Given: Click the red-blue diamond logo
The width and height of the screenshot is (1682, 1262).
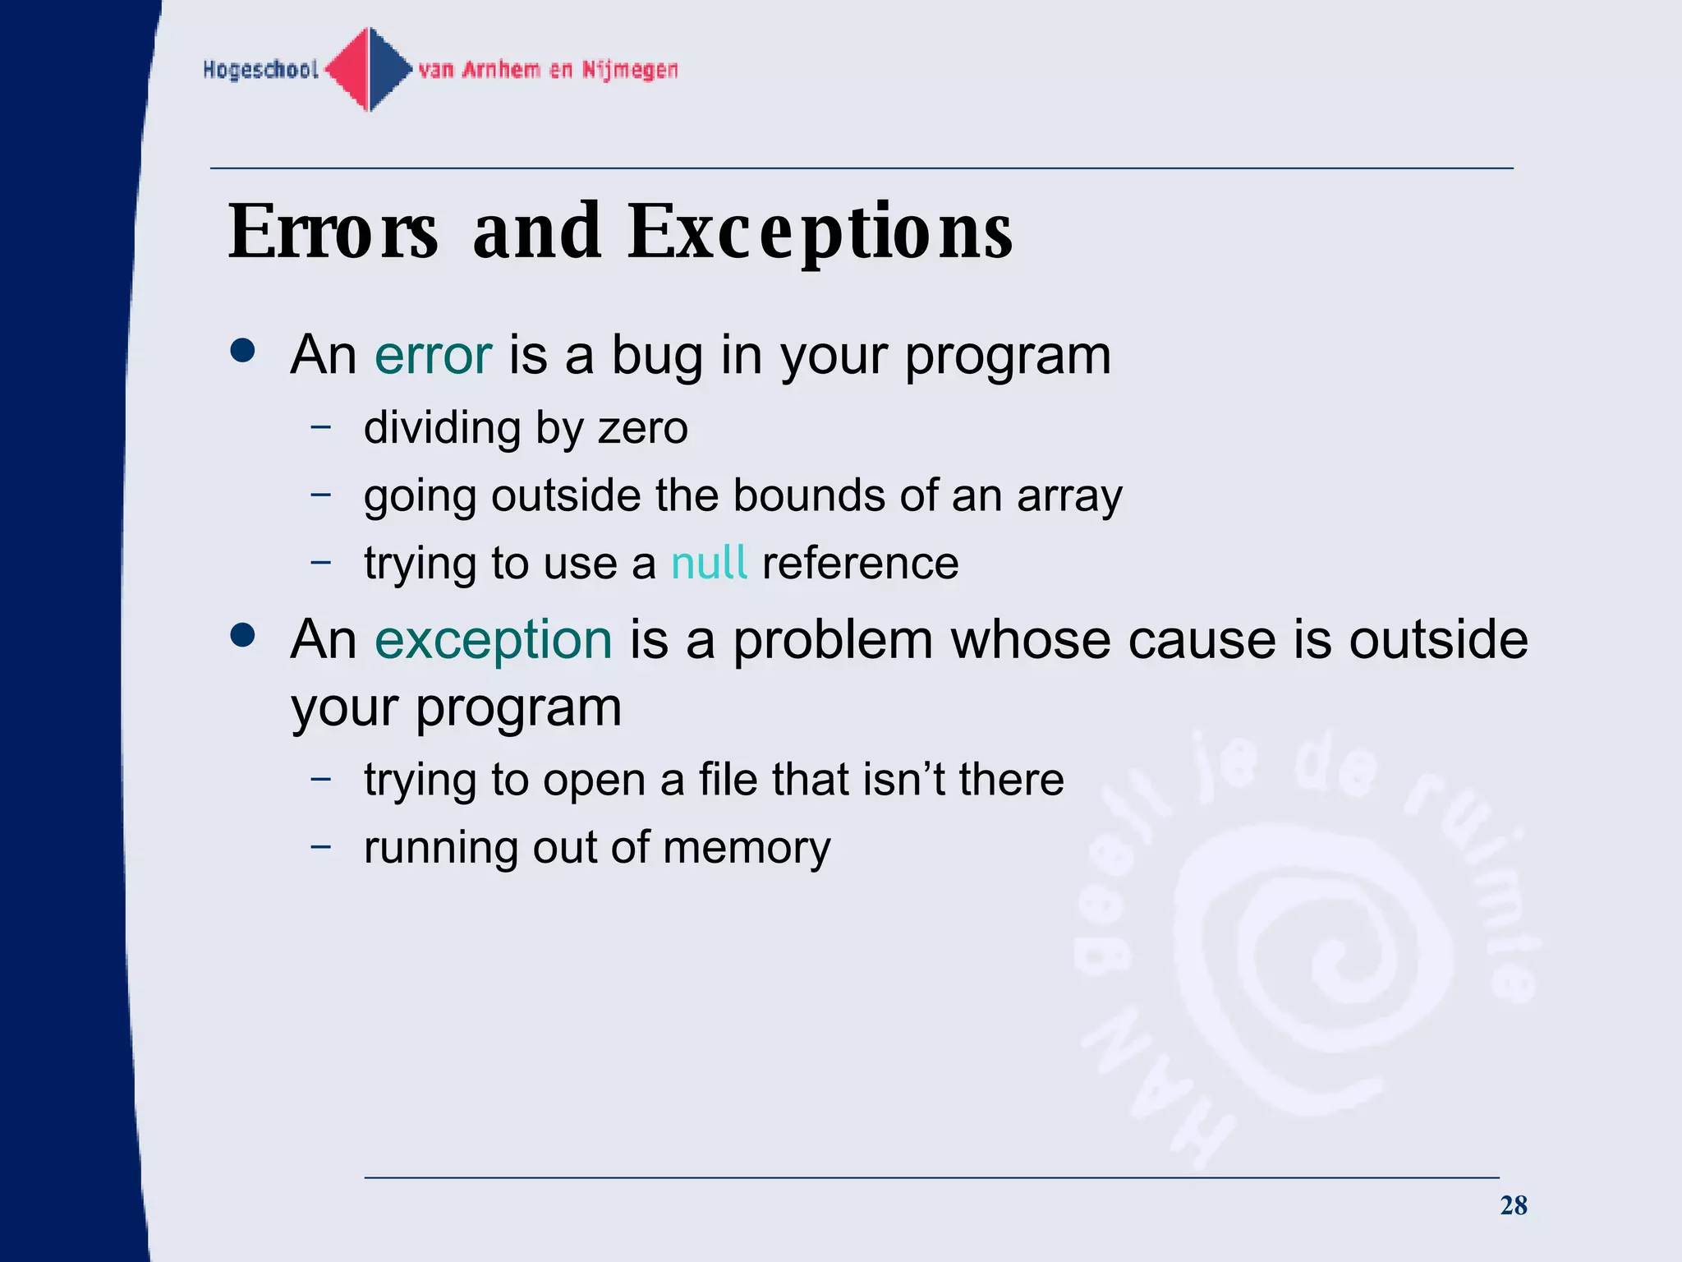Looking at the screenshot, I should coord(369,70).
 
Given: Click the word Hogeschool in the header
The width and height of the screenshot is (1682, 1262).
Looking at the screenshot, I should coord(260,70).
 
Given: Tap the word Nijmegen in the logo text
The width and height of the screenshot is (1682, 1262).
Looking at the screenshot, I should coord(630,70).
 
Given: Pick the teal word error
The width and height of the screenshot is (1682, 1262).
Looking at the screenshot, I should coord(433,355).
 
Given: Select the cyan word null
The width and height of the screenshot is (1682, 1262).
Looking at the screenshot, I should coord(709,563).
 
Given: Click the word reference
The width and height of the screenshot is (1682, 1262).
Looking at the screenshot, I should coord(860,564).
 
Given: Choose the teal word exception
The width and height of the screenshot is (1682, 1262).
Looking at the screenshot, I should coord(494,640).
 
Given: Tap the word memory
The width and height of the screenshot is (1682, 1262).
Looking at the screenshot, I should coord(747,849).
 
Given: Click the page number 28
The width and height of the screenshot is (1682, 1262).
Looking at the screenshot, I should coord(1513,1205).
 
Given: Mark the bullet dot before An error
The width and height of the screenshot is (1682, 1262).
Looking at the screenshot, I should coord(243,351).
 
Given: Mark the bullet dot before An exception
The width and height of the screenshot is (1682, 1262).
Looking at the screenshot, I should coord(243,635).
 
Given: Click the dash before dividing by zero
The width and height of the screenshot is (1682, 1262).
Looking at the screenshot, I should coord(321,426).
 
